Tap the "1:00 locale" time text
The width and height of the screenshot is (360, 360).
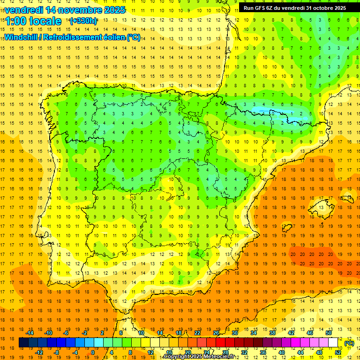tap(33, 21)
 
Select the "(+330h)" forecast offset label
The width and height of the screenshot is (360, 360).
tap(83, 21)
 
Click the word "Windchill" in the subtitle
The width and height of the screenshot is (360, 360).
tap(22, 37)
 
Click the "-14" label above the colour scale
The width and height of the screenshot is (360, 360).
tap(30, 333)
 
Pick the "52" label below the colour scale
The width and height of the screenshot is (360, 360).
tap(337, 352)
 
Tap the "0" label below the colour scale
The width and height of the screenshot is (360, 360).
tap(93, 352)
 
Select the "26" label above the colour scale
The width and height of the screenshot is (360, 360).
tap(216, 333)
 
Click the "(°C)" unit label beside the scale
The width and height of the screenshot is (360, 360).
tap(349, 343)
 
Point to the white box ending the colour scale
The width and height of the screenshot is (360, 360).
tap(333, 343)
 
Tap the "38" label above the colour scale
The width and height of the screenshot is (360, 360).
tap(272, 333)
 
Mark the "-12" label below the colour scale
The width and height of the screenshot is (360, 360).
tap(39, 352)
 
